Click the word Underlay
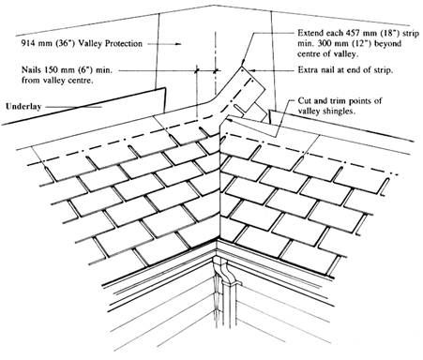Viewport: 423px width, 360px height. (23, 107)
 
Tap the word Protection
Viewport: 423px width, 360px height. (124, 43)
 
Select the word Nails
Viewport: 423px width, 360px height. (30, 69)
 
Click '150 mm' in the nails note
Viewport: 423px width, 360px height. (57, 69)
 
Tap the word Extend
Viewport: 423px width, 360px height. (310, 33)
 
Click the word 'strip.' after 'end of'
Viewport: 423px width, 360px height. (383, 69)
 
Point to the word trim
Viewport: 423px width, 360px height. (338, 100)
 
